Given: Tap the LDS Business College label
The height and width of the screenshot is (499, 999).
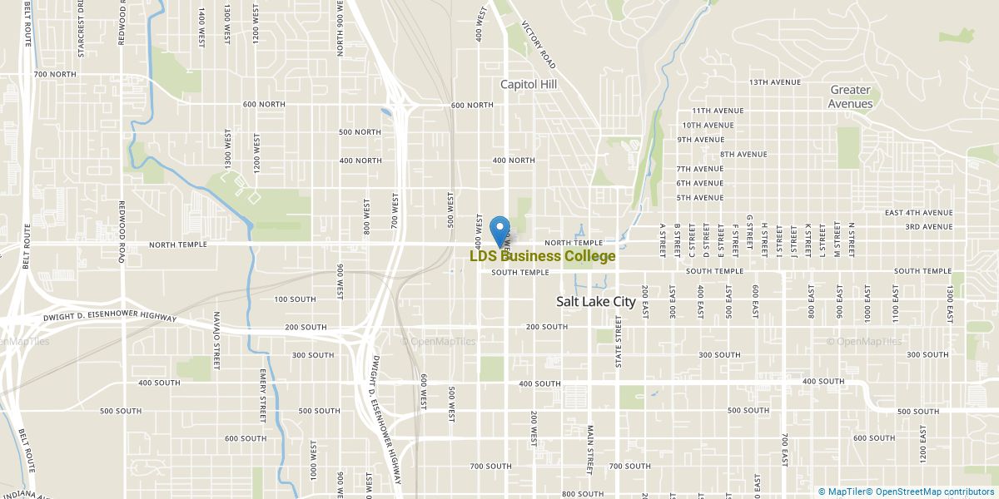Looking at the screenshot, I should coord(543,256).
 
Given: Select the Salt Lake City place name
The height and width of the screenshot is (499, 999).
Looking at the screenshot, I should coord(595,302).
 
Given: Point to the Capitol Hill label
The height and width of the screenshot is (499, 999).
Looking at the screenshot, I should coord(529,84).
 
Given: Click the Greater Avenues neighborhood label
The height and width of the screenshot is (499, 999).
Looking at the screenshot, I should coord(851,96).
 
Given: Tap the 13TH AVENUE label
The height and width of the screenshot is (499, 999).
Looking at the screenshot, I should coord(774,82).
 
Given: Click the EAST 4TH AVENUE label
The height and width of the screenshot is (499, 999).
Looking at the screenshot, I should coord(918,213).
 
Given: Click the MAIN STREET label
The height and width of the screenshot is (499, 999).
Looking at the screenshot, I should coord(589,450).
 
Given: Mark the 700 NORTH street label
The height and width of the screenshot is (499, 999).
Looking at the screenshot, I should coord(55,74).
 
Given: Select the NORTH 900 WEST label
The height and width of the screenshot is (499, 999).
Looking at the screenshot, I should coord(340,28).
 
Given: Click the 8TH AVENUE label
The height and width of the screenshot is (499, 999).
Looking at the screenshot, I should coord(743,154).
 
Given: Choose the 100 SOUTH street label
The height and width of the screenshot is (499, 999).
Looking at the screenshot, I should coord(295,299).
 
